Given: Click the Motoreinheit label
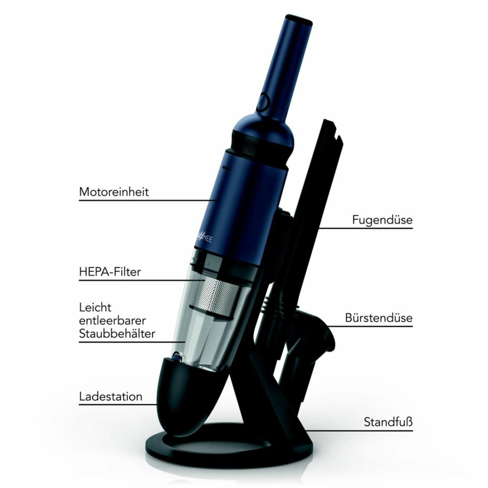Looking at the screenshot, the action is [x=114, y=192].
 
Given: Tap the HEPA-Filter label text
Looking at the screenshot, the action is [x=110, y=272].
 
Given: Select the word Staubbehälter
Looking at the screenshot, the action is [x=117, y=334].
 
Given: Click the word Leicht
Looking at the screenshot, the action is [x=95, y=307].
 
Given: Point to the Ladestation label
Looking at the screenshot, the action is [x=111, y=396].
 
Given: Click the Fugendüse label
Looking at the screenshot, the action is [x=382, y=220].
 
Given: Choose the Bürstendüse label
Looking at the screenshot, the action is [x=379, y=318].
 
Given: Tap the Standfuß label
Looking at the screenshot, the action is [x=388, y=422].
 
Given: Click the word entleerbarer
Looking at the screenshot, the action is [x=112, y=320].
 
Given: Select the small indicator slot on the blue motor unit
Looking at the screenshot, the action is [x=225, y=168].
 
